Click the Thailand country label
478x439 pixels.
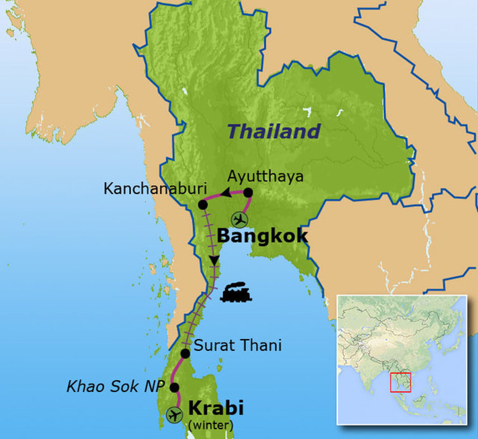tap(274, 132)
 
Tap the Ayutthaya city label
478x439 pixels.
tap(265, 176)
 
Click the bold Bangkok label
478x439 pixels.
tap(262, 236)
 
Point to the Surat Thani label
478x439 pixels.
tap(238, 345)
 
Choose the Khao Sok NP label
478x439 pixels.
tap(115, 386)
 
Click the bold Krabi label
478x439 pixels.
tap(216, 408)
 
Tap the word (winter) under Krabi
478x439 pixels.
tap(210, 425)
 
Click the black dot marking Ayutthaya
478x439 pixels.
tap(248, 192)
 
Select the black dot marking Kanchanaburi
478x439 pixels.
tap(203, 204)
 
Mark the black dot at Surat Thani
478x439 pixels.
tap(185, 353)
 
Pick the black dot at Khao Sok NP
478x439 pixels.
tap(175, 387)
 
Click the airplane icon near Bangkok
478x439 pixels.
tap(239, 219)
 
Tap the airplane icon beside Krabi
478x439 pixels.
tap(175, 415)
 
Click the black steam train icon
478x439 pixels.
tap(236, 293)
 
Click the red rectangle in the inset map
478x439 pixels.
tap(401, 383)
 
